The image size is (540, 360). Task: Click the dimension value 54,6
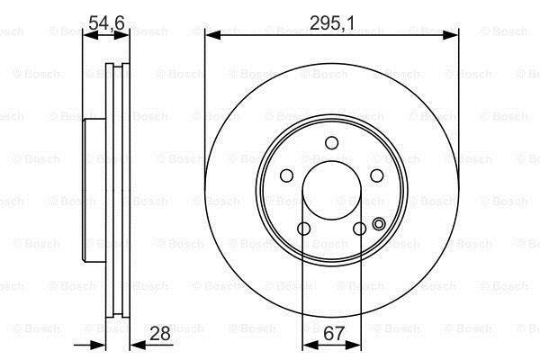pyautogui.click(x=106, y=23)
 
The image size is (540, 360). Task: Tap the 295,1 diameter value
pyautogui.click(x=331, y=23)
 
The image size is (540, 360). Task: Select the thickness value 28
pyautogui.click(x=160, y=334)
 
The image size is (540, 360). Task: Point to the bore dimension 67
pyautogui.click(x=334, y=333)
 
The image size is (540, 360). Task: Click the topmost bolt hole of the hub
pyautogui.click(x=331, y=143)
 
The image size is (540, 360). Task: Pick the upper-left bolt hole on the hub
pyautogui.click(x=286, y=175)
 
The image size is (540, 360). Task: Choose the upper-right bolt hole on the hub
pyautogui.click(x=377, y=175)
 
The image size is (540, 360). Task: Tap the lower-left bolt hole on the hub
pyautogui.click(x=304, y=229)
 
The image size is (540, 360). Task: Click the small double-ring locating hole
pyautogui.click(x=379, y=224)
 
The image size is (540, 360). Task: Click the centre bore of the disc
pyautogui.click(x=331, y=190)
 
